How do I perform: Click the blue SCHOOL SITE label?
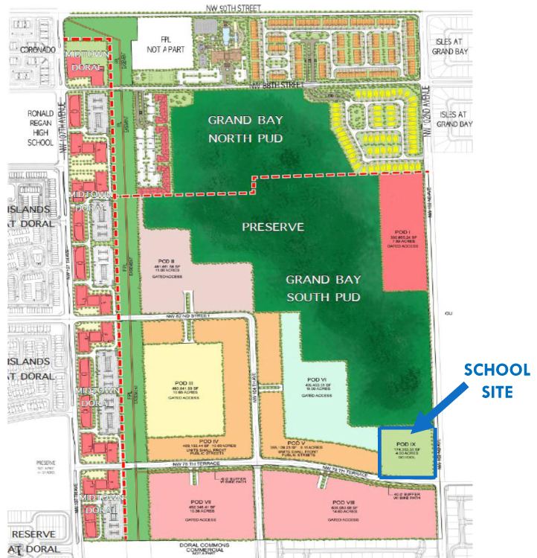click(498, 379)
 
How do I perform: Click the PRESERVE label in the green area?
click(274, 226)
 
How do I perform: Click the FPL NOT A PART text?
click(165, 45)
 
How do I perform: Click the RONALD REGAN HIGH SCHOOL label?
click(33, 125)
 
